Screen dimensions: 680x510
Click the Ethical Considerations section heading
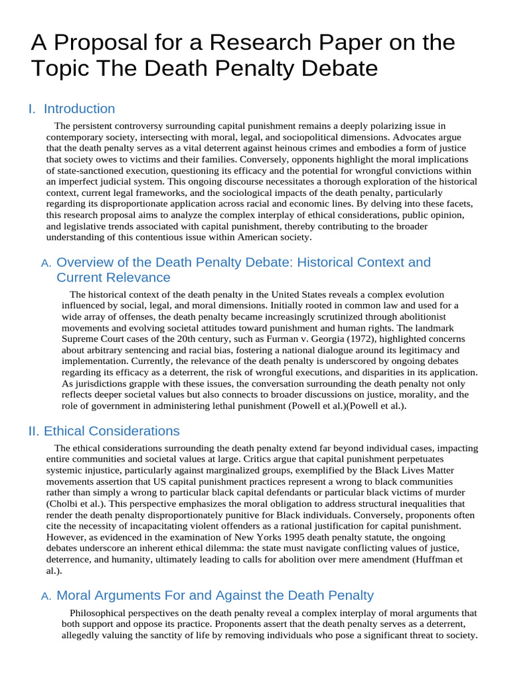(112, 431)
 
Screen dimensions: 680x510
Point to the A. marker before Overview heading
(46, 264)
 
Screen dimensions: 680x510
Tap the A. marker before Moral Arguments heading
(46, 596)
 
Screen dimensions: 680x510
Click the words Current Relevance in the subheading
(114, 278)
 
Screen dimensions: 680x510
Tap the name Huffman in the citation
(433, 559)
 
